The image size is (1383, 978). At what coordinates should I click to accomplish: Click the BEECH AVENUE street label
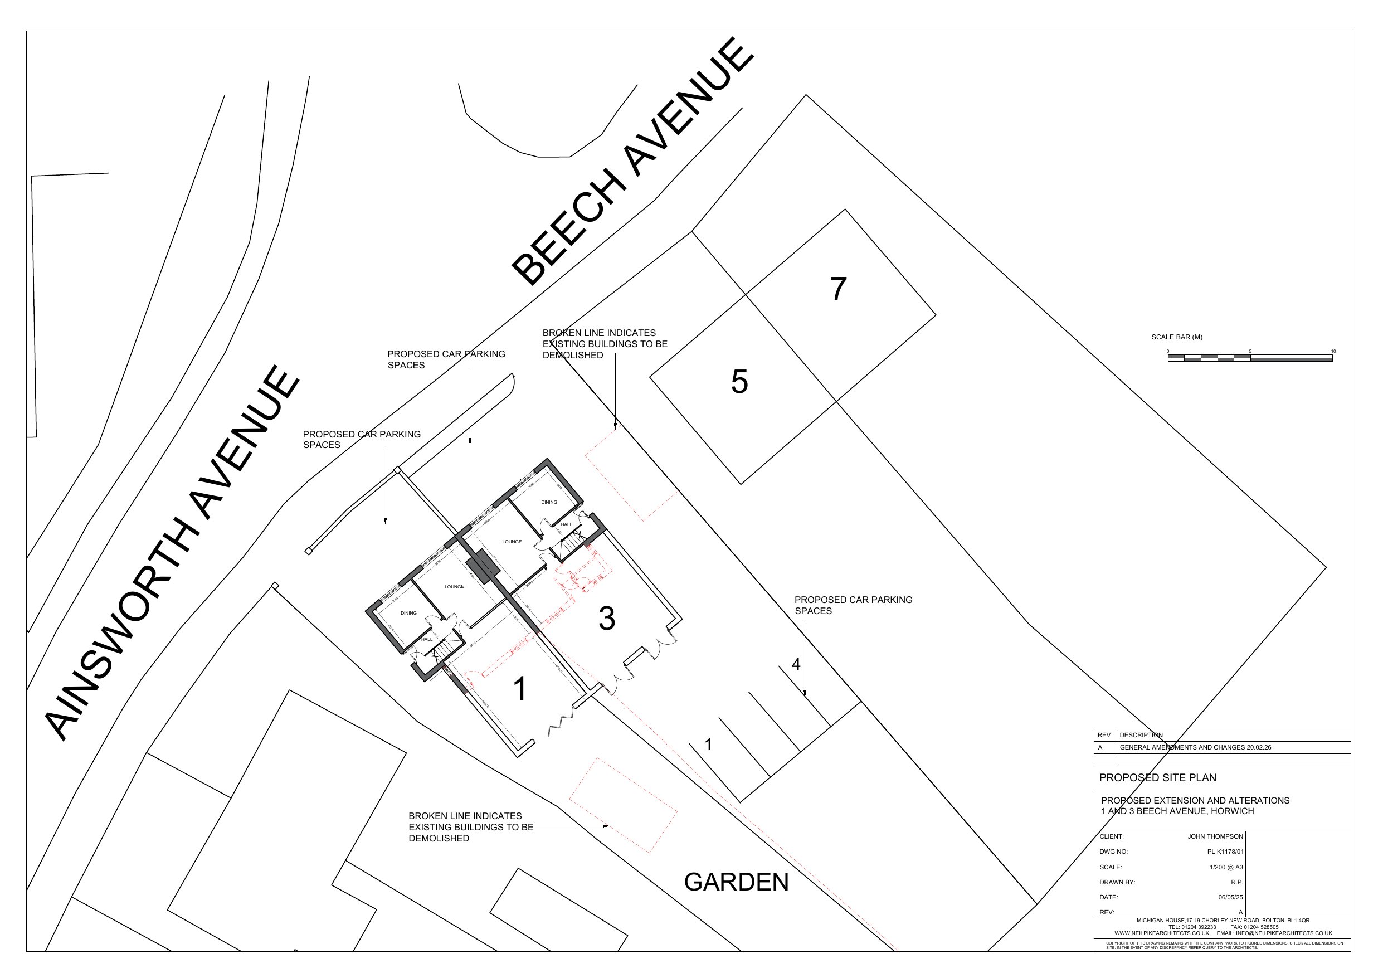coord(632,162)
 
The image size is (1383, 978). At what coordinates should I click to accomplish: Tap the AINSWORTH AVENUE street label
coord(173,552)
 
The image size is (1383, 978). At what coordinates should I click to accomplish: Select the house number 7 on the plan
coord(839,289)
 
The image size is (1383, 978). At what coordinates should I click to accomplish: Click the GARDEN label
coord(736,882)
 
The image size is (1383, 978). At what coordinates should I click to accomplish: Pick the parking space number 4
coord(796,664)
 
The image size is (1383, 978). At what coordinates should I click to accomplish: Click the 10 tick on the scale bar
coord(1333,351)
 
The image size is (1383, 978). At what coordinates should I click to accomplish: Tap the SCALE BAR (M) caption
coord(1176,338)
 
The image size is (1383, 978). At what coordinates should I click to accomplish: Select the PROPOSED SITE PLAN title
coord(1157,778)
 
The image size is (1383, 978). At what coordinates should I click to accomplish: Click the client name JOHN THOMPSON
coord(1215,836)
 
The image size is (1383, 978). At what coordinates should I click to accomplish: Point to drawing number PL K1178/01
coord(1225,852)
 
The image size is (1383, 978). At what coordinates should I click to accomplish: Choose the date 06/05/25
coord(1230,897)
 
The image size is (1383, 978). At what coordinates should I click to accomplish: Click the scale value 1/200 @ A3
coord(1226,867)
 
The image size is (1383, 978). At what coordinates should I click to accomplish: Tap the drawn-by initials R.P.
coord(1236,882)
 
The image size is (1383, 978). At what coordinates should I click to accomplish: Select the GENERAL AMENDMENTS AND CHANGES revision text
coord(1195,747)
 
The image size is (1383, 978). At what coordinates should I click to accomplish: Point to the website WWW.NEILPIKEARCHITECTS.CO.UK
coord(1161,933)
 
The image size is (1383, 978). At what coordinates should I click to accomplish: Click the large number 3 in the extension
coord(607,618)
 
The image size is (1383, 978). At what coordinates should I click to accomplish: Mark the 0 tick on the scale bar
coord(1168,351)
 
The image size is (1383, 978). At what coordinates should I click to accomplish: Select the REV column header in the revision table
coord(1103,735)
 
